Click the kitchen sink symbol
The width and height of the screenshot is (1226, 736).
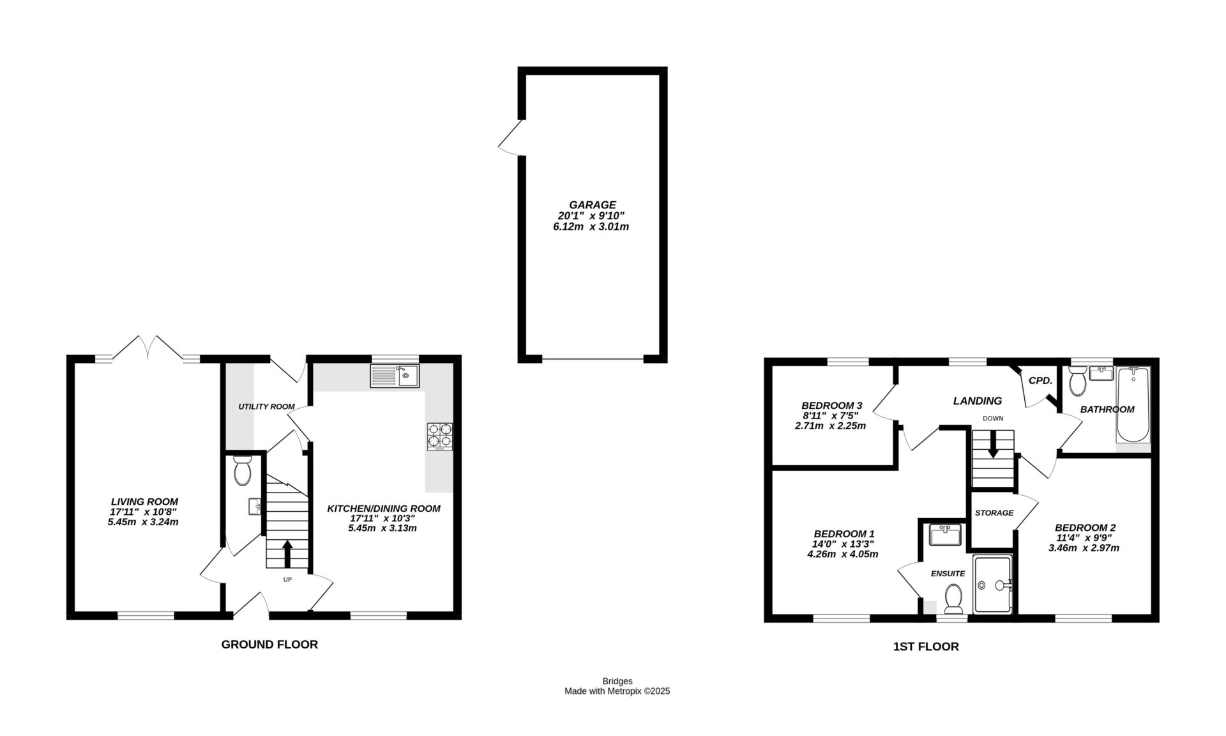tap(394, 376)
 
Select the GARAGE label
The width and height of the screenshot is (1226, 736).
tap(593, 204)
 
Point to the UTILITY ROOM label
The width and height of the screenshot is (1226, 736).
tap(266, 406)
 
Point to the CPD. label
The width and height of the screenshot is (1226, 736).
tap(1040, 380)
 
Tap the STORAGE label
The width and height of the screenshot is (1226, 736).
tap(994, 512)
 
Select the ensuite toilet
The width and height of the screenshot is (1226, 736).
tap(953, 598)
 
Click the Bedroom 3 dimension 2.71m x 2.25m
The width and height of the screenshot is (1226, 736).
tap(830, 425)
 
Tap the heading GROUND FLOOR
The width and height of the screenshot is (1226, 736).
tap(269, 644)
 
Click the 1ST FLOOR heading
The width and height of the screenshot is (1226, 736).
tap(925, 647)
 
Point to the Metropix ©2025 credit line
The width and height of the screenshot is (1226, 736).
tap(617, 691)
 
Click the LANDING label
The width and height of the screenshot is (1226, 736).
tap(977, 401)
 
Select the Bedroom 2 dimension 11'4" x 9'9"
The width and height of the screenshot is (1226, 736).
tap(1085, 538)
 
